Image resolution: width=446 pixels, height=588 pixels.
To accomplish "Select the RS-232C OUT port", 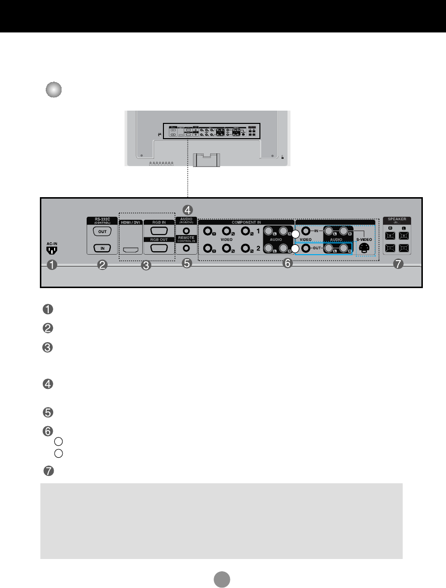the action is click(102, 231).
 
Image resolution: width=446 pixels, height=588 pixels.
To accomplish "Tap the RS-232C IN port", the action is click(102, 248).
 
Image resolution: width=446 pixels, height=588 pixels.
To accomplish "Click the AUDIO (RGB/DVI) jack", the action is click(186, 230).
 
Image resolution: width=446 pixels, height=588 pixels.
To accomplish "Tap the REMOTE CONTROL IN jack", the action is click(186, 248).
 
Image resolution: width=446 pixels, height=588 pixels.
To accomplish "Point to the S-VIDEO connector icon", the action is click(365, 248).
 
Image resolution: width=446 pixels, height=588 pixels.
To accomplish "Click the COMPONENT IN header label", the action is click(246, 222).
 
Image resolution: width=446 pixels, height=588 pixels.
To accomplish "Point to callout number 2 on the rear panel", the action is click(102, 265).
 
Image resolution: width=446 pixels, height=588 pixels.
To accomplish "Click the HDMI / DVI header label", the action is click(131, 222).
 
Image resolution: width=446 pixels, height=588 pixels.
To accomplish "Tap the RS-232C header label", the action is click(102, 219).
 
